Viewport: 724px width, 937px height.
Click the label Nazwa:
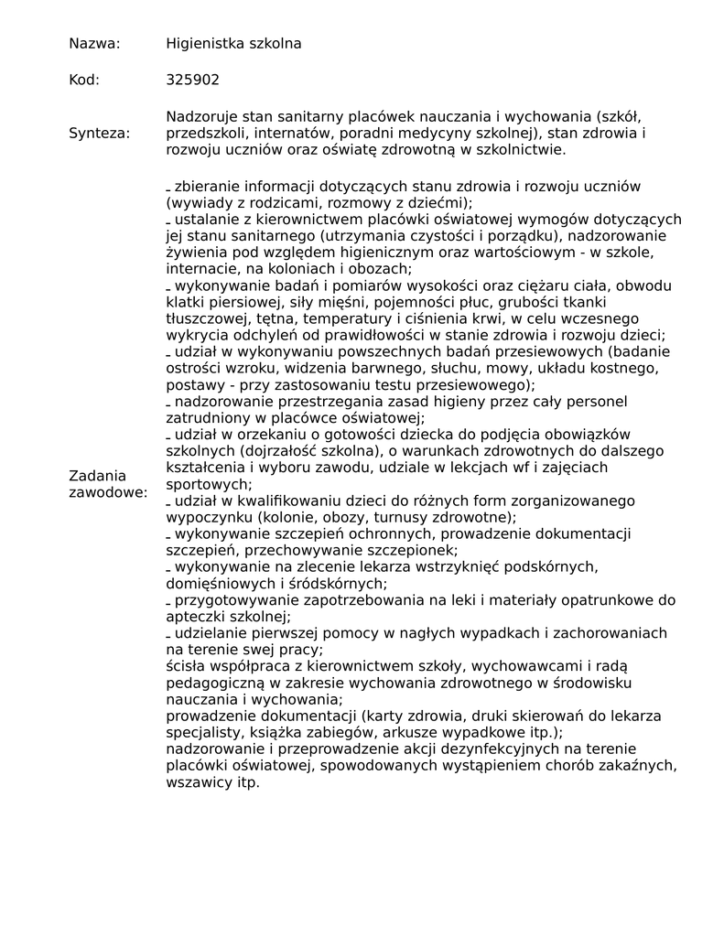click(x=94, y=43)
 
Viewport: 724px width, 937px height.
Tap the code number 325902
click(x=192, y=80)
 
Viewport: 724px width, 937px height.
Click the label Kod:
click(x=84, y=80)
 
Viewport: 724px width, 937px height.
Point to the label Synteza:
click(x=100, y=134)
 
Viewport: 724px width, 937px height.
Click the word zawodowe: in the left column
click(x=108, y=493)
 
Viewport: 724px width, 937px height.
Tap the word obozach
click(x=378, y=268)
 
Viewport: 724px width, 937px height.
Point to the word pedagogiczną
click(x=212, y=683)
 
